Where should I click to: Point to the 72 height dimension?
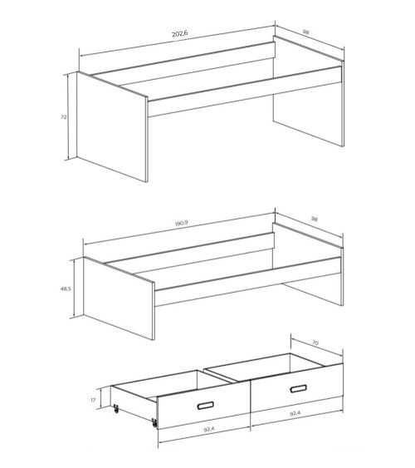(x=64, y=117)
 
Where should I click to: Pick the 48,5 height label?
(x=65, y=288)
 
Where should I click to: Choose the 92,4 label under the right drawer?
(x=294, y=436)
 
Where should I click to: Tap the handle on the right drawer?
(x=299, y=390)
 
